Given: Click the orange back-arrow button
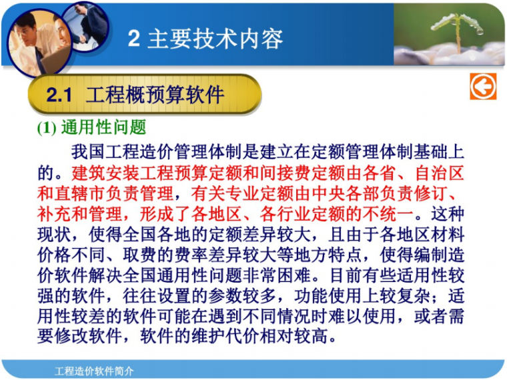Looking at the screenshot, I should point(482,87).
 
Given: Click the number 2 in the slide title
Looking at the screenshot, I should point(134,39).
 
